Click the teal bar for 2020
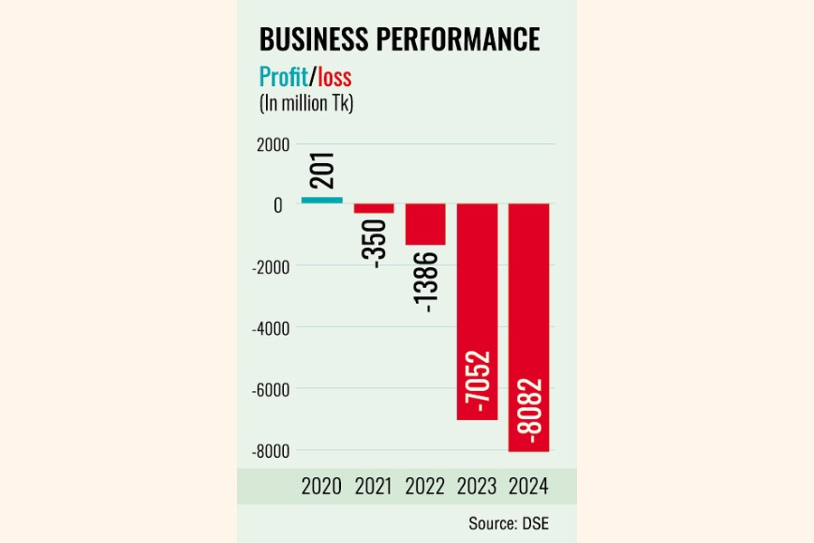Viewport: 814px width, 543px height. [x=322, y=200]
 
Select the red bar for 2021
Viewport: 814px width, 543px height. [x=374, y=209]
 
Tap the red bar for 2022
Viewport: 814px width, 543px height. [x=425, y=224]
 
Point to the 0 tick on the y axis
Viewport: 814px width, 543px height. [x=279, y=205]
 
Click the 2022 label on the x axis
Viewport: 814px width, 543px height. [x=425, y=486]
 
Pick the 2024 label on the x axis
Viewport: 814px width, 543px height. [x=529, y=486]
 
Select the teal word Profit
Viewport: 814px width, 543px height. [x=283, y=76]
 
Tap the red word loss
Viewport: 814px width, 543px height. [x=334, y=76]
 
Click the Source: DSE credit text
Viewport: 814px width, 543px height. [x=508, y=523]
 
